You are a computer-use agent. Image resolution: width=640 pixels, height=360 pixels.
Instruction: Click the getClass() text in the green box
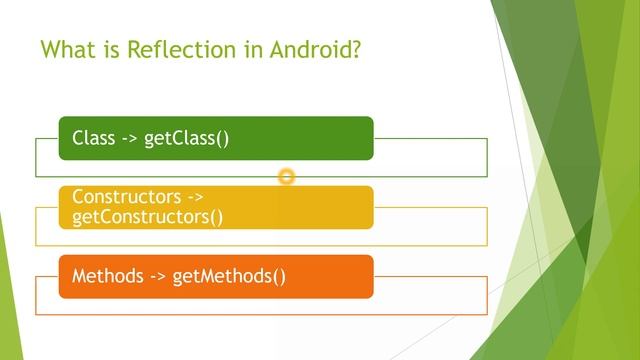coord(187,138)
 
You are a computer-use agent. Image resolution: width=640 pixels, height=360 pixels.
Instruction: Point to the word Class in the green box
coord(94,138)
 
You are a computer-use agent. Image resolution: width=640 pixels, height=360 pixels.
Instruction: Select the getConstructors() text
coord(148,216)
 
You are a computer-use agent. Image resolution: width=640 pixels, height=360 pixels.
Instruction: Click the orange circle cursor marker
coord(287,177)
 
